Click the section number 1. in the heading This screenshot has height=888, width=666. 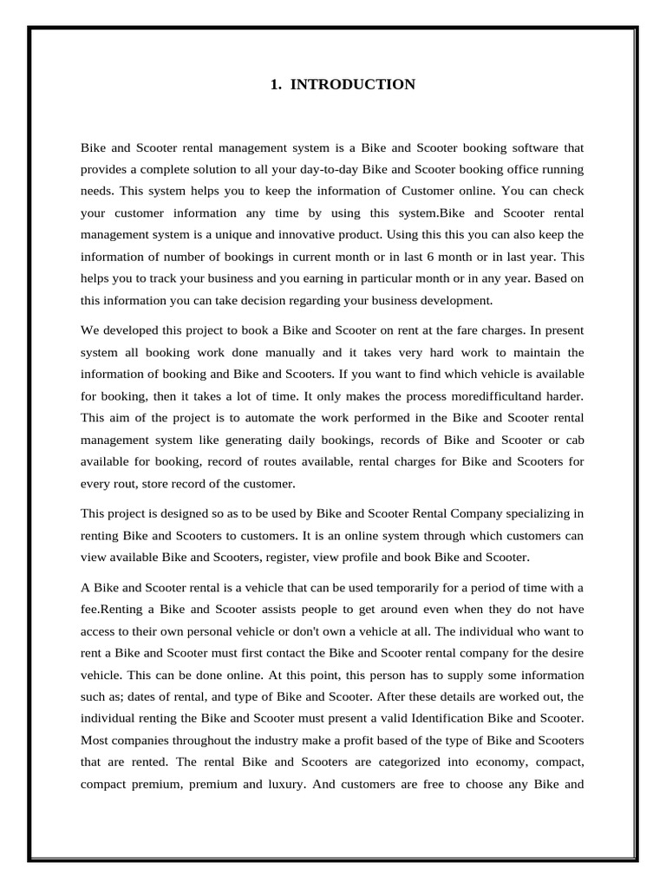(276, 84)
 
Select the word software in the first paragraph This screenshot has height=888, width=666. (532, 147)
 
